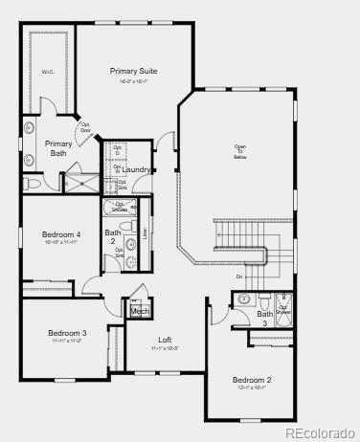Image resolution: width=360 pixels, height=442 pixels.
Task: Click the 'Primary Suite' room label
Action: [134, 71]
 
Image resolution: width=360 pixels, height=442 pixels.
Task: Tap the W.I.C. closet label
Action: [47, 70]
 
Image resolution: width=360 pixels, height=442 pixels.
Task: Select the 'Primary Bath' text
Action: [56, 148]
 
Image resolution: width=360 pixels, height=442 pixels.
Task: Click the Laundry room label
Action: [136, 169]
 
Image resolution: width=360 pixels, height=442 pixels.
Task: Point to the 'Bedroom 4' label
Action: [61, 234]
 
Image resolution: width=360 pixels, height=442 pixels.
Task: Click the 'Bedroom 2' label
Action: [252, 380]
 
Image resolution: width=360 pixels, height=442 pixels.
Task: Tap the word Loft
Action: [165, 340]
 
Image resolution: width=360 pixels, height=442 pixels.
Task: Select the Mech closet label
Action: [140, 311]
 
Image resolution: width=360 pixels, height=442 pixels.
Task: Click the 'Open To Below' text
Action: [239, 151]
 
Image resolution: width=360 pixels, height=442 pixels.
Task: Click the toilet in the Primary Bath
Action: [32, 183]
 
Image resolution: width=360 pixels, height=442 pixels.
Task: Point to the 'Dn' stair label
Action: [239, 276]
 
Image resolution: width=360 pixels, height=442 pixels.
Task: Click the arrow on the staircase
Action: [220, 234]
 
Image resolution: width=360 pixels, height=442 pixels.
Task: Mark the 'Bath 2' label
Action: [113, 236]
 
